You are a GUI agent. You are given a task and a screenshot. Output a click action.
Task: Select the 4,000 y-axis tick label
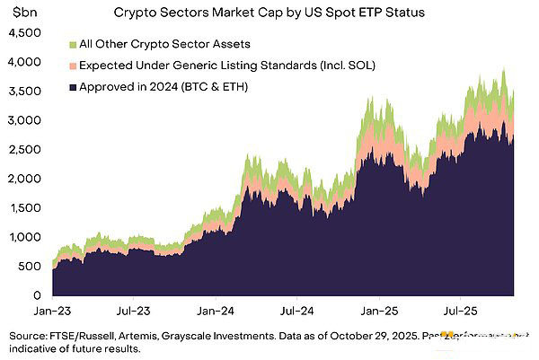coord(24,62)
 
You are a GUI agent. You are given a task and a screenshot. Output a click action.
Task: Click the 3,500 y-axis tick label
coord(24,91)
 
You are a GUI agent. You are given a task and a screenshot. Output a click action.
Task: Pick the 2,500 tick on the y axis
coord(24,149)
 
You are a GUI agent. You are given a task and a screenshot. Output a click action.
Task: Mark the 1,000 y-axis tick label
coord(24,237)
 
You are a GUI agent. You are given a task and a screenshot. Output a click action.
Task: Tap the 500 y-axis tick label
coord(31,266)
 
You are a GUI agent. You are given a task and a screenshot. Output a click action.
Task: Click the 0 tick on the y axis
coord(39,295)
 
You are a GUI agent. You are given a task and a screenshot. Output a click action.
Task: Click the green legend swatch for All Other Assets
coord(72,44)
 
